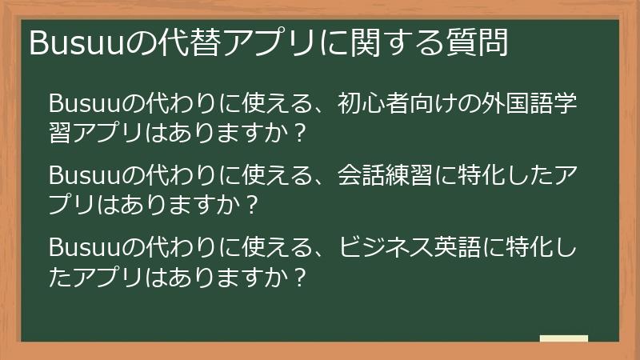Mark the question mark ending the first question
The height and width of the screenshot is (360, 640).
click(299, 134)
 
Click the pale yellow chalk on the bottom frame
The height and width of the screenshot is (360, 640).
click(563, 339)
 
